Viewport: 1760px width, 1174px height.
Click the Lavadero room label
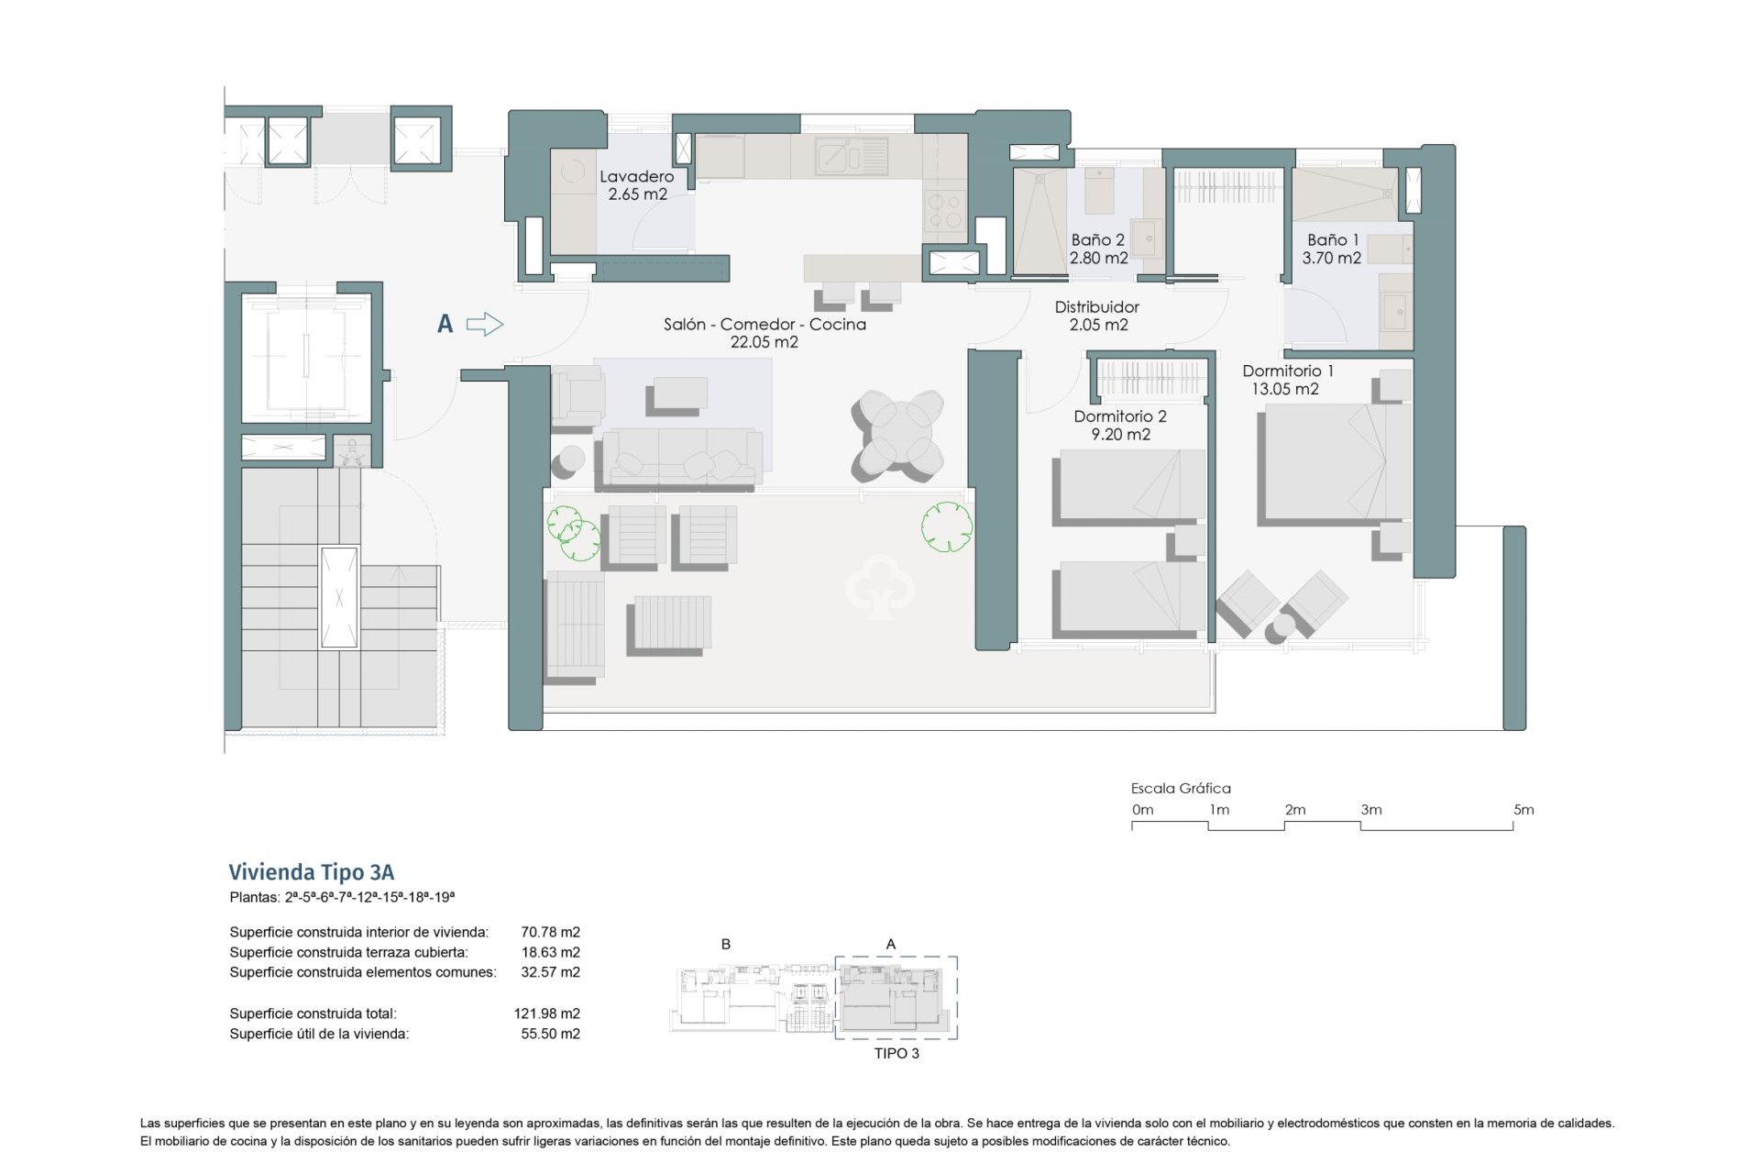[636, 176]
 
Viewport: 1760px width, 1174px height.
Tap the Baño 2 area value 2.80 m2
[1098, 259]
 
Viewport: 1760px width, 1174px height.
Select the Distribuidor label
[1096, 307]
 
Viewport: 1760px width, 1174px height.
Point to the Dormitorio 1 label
[1287, 371]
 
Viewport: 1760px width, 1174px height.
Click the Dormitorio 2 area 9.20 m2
[1120, 435]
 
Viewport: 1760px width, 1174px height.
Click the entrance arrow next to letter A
[485, 324]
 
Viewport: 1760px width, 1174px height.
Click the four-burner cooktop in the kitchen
[944, 211]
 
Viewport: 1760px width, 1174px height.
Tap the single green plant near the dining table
[947, 526]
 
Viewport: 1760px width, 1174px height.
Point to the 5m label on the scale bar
[1523, 810]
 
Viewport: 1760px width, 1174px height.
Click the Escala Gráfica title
[1181, 788]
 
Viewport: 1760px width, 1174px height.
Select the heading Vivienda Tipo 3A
[311, 871]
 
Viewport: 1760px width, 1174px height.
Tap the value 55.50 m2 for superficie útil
[550, 1034]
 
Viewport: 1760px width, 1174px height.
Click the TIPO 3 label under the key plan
[896, 1053]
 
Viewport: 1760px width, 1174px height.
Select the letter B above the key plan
[726, 944]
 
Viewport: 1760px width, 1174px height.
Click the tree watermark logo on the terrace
[880, 587]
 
